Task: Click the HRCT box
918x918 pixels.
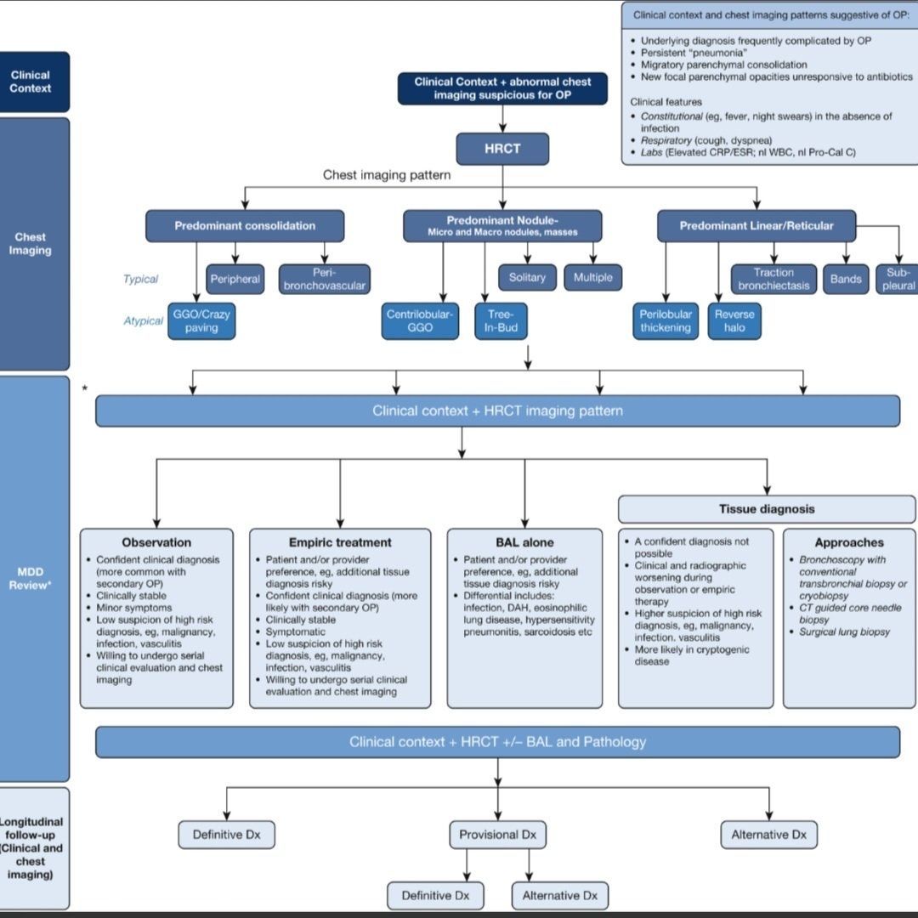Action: click(502, 149)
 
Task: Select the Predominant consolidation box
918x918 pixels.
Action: click(245, 226)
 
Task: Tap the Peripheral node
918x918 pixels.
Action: click(235, 279)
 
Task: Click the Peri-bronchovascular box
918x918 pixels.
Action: click(325, 279)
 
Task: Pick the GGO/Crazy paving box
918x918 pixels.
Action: click(201, 320)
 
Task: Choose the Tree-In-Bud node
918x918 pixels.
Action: click(501, 320)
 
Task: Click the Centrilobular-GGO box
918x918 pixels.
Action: click(420, 320)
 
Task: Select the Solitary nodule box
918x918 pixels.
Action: click(527, 278)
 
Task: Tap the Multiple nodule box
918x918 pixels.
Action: click(592, 278)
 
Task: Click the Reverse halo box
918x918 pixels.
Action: click(734, 320)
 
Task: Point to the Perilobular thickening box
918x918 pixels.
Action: click(666, 320)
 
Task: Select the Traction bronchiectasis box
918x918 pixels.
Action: click(773, 279)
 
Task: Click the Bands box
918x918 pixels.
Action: click(846, 279)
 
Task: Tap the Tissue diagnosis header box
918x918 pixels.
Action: click(767, 509)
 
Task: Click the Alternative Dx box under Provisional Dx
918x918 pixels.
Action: click(559, 895)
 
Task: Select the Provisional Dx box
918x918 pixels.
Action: click(497, 835)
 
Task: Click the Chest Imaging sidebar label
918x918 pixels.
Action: click(31, 244)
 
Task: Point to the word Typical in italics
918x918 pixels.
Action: click(140, 279)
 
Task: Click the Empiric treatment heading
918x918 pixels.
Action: click(340, 542)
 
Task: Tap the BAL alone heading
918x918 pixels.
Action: click(524, 542)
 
